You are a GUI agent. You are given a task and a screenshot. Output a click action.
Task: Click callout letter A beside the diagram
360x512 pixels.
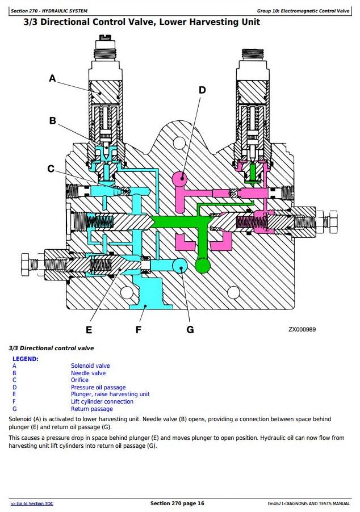(x=53, y=78)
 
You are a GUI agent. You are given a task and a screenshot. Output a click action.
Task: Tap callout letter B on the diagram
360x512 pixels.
(x=53, y=120)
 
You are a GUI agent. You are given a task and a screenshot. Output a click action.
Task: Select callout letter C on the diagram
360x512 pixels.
(x=51, y=169)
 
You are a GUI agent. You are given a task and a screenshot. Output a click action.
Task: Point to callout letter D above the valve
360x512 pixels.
(x=202, y=90)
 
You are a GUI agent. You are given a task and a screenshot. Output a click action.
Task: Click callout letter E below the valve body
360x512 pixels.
(x=89, y=329)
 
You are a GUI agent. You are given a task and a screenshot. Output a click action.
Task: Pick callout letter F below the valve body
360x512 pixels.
(x=139, y=329)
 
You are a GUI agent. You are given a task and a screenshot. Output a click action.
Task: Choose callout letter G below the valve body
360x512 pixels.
(x=190, y=329)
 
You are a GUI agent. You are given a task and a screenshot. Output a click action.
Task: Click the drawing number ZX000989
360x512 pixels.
(x=302, y=329)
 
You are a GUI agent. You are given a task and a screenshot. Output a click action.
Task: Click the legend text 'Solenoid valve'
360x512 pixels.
(x=90, y=366)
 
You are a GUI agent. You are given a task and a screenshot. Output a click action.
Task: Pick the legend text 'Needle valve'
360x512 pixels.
(x=88, y=373)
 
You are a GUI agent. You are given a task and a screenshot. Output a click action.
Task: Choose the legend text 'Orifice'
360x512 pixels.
(x=79, y=380)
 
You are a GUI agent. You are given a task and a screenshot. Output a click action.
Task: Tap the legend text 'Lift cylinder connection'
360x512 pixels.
(x=102, y=402)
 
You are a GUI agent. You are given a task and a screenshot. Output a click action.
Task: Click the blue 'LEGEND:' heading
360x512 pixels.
(x=26, y=359)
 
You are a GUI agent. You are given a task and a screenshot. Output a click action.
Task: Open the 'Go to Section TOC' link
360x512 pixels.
(x=32, y=503)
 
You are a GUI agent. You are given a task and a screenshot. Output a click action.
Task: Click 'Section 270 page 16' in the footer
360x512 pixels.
(x=177, y=503)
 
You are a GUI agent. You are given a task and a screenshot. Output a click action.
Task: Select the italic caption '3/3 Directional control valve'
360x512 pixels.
(x=52, y=348)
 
